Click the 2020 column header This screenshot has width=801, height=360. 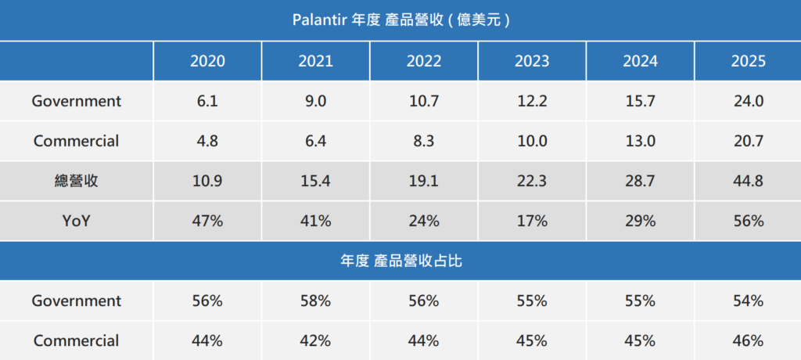click(x=207, y=61)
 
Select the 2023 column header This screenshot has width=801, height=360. click(x=532, y=61)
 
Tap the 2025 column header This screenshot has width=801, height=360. click(x=749, y=61)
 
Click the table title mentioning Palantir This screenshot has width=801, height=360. click(x=400, y=20)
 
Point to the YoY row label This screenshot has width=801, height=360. click(x=77, y=221)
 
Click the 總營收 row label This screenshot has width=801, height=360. click(x=77, y=181)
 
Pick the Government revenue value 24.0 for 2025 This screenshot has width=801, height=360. click(x=749, y=101)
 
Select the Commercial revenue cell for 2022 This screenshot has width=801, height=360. click(x=423, y=141)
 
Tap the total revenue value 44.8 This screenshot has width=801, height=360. click(x=749, y=181)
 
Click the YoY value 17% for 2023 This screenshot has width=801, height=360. click(x=532, y=221)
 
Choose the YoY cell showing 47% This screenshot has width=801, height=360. click(x=207, y=221)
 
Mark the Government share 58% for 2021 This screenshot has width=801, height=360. click(x=316, y=301)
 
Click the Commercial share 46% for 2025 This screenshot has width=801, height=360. click(x=749, y=340)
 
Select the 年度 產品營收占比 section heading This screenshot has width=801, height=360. click(x=400, y=261)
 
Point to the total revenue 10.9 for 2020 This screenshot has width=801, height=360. click(x=207, y=181)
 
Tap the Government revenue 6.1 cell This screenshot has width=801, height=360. click(x=207, y=101)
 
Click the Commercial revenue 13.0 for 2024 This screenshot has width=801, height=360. click(x=640, y=141)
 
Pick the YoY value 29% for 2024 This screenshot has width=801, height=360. click(x=640, y=221)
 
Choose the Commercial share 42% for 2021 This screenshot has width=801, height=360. click(x=316, y=340)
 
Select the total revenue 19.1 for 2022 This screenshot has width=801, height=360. click(x=423, y=181)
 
